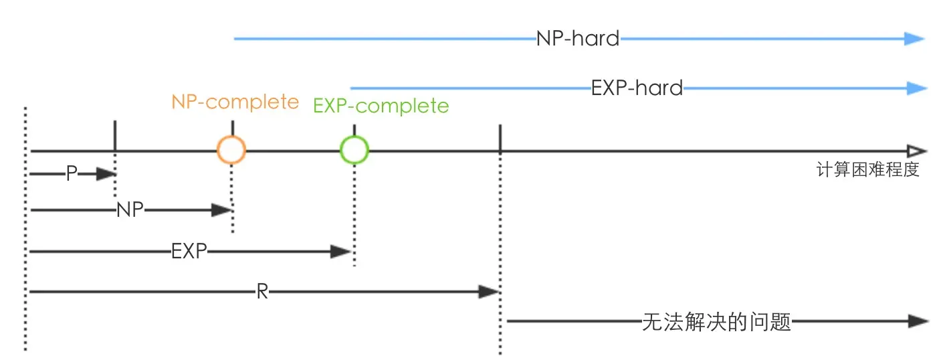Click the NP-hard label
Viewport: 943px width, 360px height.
578,38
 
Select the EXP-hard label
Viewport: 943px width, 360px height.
637,88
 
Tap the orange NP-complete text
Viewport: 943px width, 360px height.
235,102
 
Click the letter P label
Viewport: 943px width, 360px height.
72,173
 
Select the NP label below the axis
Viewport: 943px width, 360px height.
130,209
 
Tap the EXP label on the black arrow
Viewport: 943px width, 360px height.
189,252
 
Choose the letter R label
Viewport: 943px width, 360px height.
262,291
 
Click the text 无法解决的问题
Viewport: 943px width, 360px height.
716,322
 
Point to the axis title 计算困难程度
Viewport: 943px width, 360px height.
867,170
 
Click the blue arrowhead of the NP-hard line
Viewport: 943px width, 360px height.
914,39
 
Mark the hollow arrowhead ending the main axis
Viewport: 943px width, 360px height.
917,151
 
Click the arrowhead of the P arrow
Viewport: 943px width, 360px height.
106,173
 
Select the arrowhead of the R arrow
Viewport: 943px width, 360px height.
489,291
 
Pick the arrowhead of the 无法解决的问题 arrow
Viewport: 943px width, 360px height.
918,321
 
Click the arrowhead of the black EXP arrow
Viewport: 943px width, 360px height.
340,252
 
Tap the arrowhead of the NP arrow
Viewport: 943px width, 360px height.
222,209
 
